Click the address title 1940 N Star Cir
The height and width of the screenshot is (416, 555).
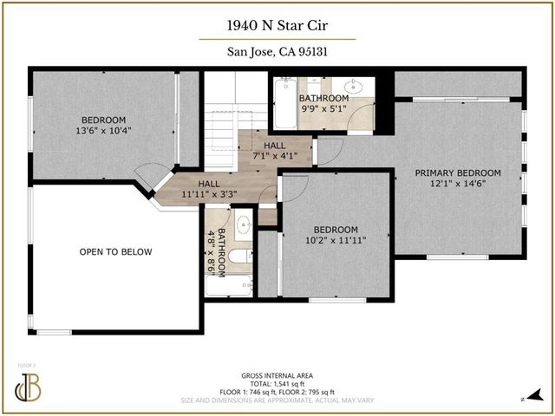coord(277,26)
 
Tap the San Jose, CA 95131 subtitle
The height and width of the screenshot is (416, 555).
coord(277,51)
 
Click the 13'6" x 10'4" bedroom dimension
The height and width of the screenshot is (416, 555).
coord(104,132)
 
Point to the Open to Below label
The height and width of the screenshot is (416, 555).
coord(115,252)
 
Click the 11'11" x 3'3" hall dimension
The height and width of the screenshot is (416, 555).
coord(208,195)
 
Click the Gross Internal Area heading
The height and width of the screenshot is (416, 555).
coord(277,375)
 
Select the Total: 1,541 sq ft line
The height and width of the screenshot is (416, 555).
coord(277,384)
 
